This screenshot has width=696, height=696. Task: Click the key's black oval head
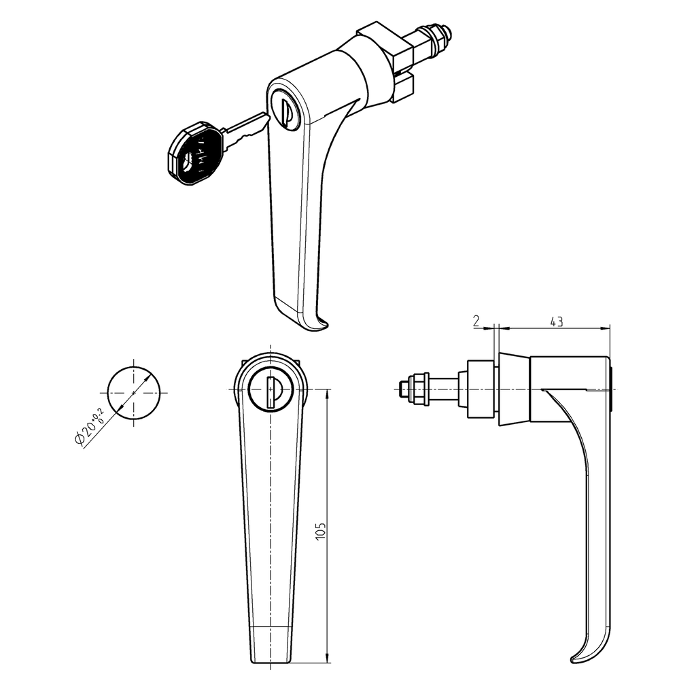tap(194, 153)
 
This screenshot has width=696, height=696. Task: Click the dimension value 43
tap(556, 322)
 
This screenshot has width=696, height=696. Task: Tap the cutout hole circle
tap(135, 392)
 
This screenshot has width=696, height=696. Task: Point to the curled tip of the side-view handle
tap(582, 655)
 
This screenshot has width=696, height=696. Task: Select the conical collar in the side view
tap(515, 389)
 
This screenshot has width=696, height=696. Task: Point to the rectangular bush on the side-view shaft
tap(479, 390)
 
